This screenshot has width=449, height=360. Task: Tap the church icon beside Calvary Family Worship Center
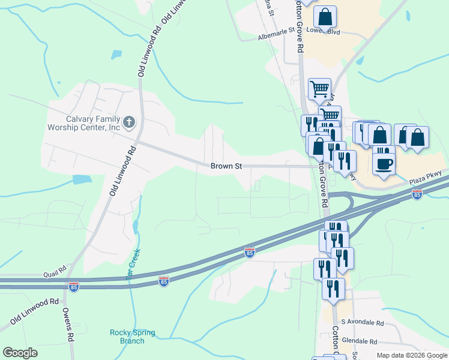tap(128, 123)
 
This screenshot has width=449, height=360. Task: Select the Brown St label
tap(226, 166)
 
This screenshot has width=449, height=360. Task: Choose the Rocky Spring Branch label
tap(132, 337)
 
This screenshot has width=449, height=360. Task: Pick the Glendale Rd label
tap(357, 341)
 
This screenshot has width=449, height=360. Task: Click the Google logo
tap(20, 353)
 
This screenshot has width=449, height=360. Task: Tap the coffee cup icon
tap(384, 163)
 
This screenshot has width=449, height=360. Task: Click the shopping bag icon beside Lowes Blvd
tap(325, 17)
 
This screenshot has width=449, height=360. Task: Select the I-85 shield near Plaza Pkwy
tap(417, 194)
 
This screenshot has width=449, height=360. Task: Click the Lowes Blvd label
tap(336, 28)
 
